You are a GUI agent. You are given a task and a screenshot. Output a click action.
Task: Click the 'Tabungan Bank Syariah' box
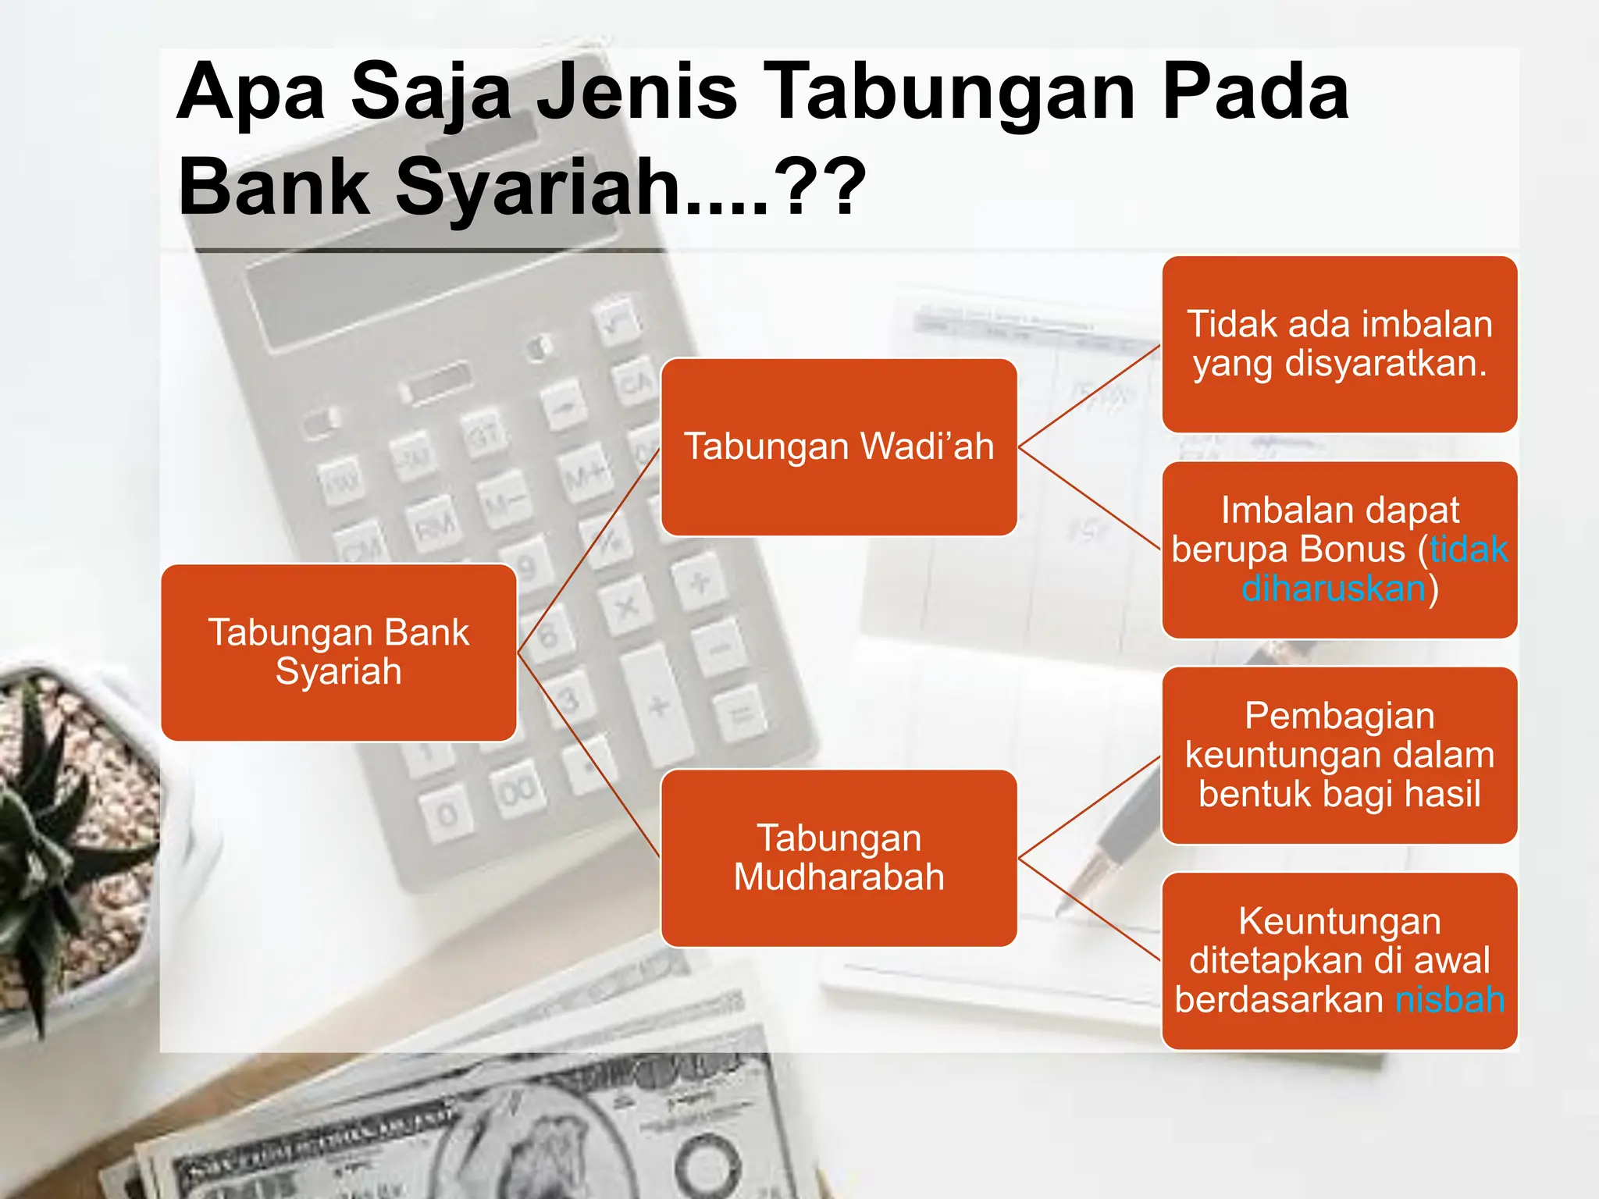(x=338, y=652)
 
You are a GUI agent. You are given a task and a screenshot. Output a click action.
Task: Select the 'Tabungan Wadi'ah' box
(x=839, y=447)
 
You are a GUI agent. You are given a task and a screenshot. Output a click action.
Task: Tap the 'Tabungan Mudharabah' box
(x=839, y=858)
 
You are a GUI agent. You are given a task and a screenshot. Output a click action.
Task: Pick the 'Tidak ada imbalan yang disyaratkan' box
(x=1339, y=344)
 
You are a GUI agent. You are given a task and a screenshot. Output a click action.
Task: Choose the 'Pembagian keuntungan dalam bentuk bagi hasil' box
(x=1339, y=755)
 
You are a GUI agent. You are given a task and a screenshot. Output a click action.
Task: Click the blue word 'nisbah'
(x=1450, y=1000)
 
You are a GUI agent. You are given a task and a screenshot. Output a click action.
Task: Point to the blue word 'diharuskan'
(x=1334, y=589)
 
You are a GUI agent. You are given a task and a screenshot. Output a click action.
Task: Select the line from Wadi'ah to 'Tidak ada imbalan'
(x=1090, y=396)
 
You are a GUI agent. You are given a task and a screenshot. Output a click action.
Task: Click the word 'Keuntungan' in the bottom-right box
(x=1339, y=922)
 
